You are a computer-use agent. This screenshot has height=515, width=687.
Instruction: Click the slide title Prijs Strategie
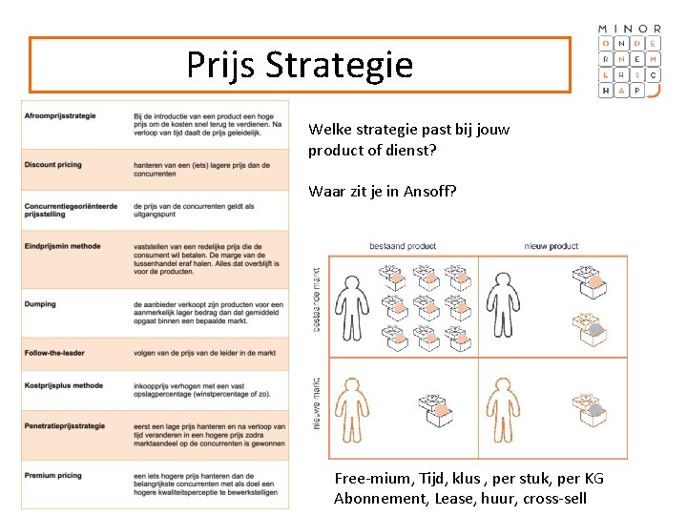(x=300, y=65)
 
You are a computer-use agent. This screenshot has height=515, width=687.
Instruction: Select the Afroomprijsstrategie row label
(x=60, y=116)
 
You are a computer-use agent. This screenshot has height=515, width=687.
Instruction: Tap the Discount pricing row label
(x=53, y=165)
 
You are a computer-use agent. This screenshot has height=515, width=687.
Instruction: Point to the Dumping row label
(x=41, y=304)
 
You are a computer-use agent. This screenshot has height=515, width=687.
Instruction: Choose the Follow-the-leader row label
(x=55, y=353)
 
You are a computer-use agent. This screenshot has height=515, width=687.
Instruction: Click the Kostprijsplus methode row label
(x=64, y=385)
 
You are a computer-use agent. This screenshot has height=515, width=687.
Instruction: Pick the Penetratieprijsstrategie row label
(x=65, y=425)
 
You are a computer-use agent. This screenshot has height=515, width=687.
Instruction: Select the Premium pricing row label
(x=53, y=475)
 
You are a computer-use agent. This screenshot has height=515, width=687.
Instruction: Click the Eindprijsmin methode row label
(x=63, y=246)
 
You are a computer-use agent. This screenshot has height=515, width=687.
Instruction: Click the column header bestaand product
(x=403, y=246)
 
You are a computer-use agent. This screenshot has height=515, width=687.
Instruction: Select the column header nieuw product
(x=551, y=246)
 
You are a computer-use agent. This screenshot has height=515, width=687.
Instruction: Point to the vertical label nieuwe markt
(x=317, y=403)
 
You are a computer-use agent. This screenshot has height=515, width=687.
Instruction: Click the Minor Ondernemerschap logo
(x=629, y=60)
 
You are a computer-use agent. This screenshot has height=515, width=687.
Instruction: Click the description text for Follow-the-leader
(x=204, y=353)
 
